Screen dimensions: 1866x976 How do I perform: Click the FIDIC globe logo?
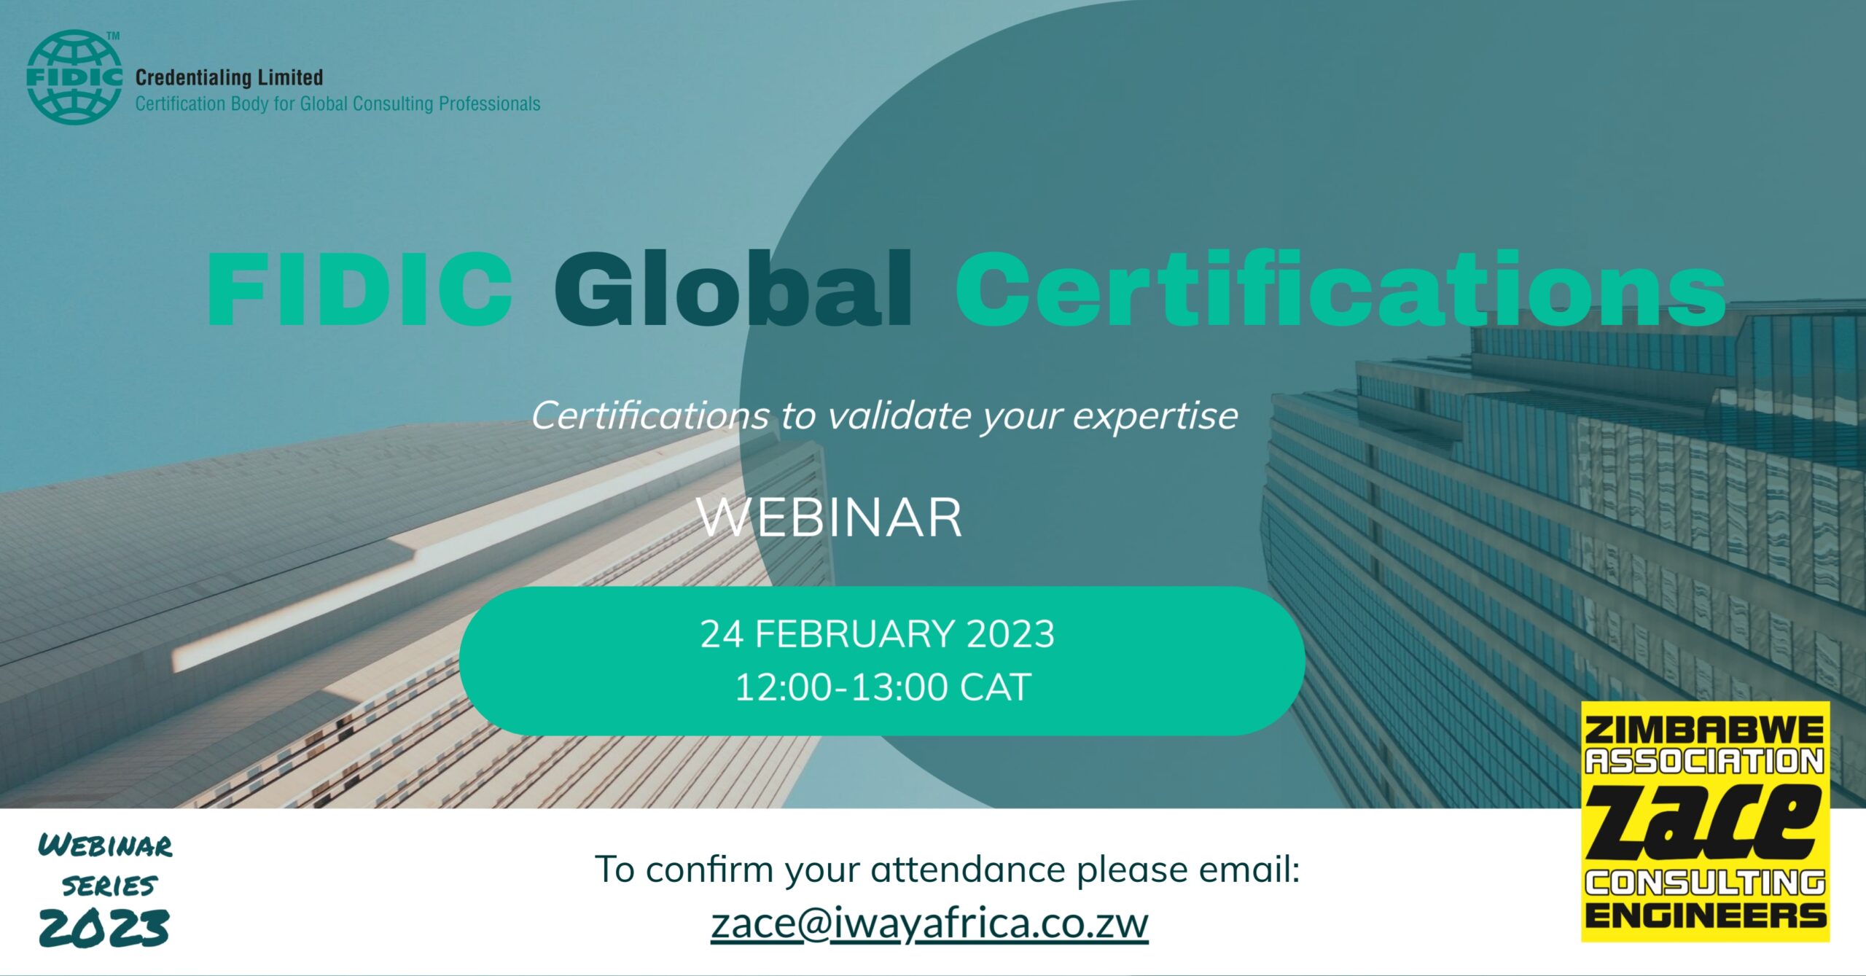(x=74, y=77)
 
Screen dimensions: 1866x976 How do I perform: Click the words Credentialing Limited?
(x=229, y=77)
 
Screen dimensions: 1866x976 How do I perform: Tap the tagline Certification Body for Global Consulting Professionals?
(x=337, y=104)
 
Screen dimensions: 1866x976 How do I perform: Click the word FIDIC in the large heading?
(x=360, y=289)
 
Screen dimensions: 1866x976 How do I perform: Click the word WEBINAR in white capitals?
(x=830, y=518)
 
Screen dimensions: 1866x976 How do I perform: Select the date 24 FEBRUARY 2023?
(x=878, y=633)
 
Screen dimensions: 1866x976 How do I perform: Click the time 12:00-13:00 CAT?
(x=883, y=687)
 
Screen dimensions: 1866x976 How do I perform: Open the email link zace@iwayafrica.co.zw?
(x=929, y=924)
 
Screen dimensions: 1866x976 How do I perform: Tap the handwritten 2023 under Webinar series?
(x=104, y=928)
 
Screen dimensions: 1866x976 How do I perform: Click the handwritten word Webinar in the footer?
(x=106, y=846)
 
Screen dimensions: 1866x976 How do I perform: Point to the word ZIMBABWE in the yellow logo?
(x=1705, y=730)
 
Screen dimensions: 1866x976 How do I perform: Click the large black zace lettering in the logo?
(x=1705, y=822)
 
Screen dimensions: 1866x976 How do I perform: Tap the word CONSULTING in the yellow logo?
(x=1705, y=883)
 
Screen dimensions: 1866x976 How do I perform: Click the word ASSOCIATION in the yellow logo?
(x=1705, y=761)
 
